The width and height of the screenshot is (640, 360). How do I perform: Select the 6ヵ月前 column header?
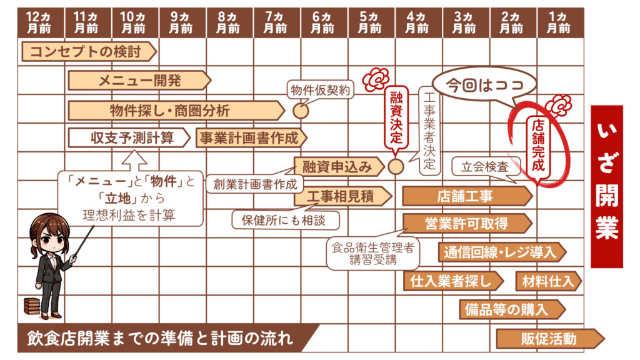click(x=324, y=23)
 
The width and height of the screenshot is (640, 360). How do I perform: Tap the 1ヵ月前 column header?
click(x=559, y=23)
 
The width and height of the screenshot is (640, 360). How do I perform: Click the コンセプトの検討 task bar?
click(x=87, y=52)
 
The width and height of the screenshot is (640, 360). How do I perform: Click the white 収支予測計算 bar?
click(x=130, y=137)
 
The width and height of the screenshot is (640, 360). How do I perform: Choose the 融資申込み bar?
click(x=337, y=166)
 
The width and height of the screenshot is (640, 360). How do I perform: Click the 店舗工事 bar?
click(x=466, y=196)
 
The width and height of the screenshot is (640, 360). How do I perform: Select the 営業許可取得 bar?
click(x=466, y=224)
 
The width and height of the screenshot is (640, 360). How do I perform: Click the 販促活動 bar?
click(x=549, y=339)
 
